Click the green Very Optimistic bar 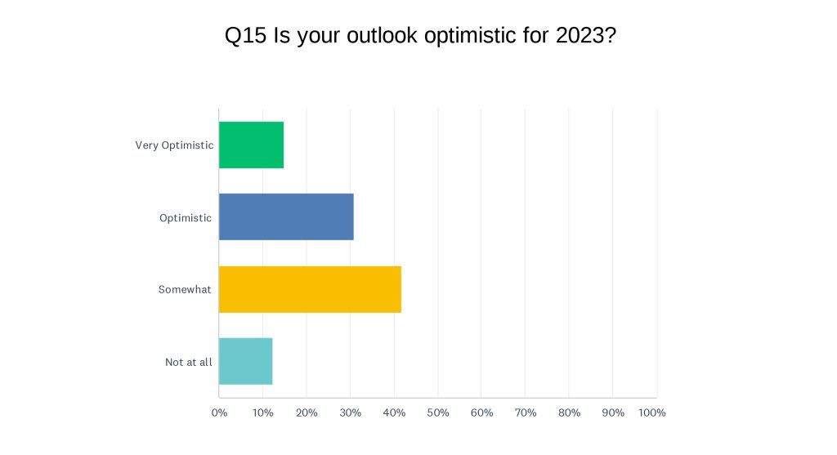click(252, 145)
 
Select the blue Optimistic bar click(286, 217)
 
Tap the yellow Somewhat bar click(310, 289)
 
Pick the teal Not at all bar click(245, 361)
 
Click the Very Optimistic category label click(174, 145)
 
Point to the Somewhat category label click(185, 289)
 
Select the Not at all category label click(189, 362)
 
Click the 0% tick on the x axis click(219, 413)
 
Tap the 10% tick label click(262, 413)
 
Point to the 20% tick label click(307, 413)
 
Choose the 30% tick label click(350, 413)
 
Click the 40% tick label click(394, 413)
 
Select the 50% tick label click(438, 413)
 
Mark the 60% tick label click(481, 413)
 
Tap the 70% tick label click(526, 413)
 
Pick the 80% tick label click(569, 413)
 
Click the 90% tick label click(613, 413)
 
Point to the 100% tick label click(651, 413)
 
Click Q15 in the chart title click(245, 36)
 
